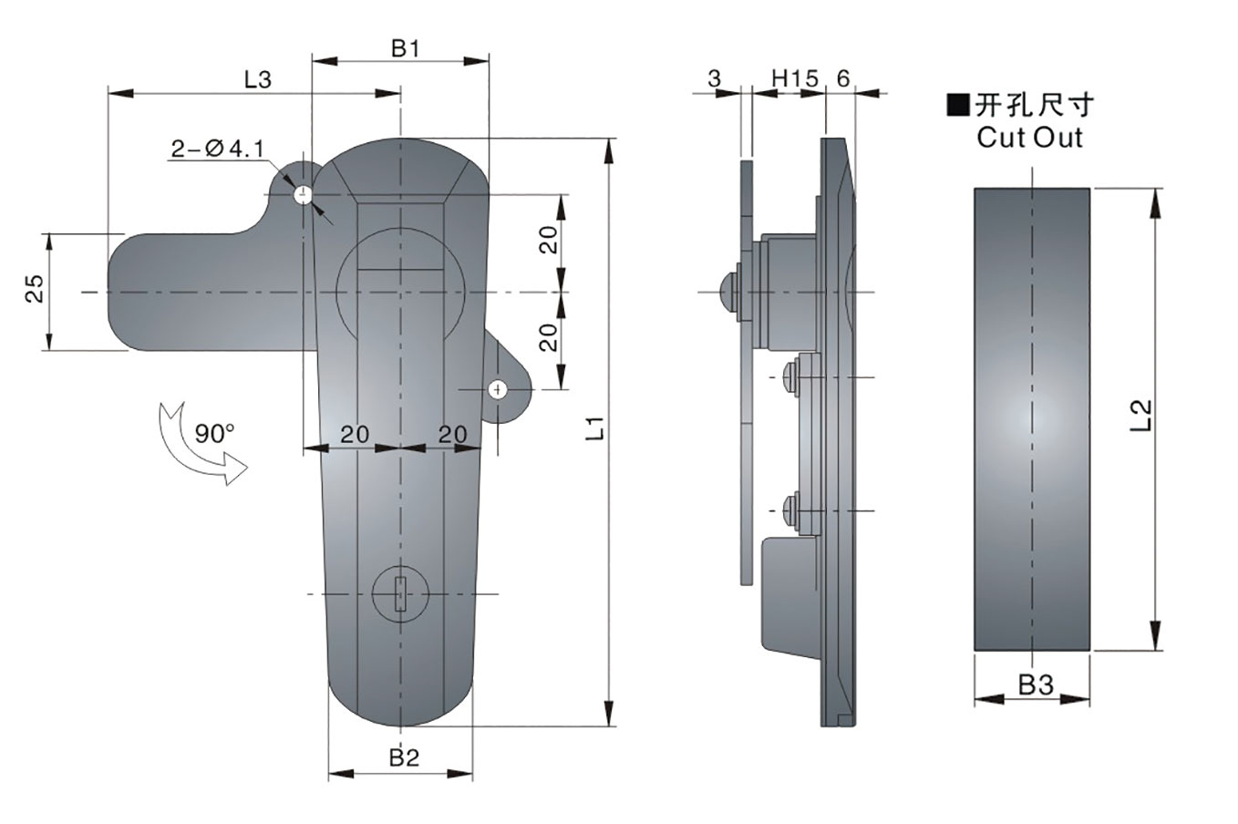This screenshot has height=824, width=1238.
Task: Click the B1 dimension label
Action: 405,49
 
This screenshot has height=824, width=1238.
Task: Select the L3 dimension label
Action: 258,80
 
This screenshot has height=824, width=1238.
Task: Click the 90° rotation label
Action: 214,433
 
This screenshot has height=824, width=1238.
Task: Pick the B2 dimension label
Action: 404,757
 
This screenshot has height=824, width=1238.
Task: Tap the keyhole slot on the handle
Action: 400,595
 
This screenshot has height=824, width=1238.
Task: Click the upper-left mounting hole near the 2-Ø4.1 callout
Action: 302,194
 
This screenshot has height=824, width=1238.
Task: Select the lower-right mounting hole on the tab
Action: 498,389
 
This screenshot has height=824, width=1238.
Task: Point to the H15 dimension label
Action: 794,79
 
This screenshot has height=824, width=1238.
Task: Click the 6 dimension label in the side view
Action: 842,79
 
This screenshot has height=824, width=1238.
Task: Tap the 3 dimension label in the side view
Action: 714,79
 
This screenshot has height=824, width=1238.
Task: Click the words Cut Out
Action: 1029,138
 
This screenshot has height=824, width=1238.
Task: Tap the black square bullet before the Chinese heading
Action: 959,106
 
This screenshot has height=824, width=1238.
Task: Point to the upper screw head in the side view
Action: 789,376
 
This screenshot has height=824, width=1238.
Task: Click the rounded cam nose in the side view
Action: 729,291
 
